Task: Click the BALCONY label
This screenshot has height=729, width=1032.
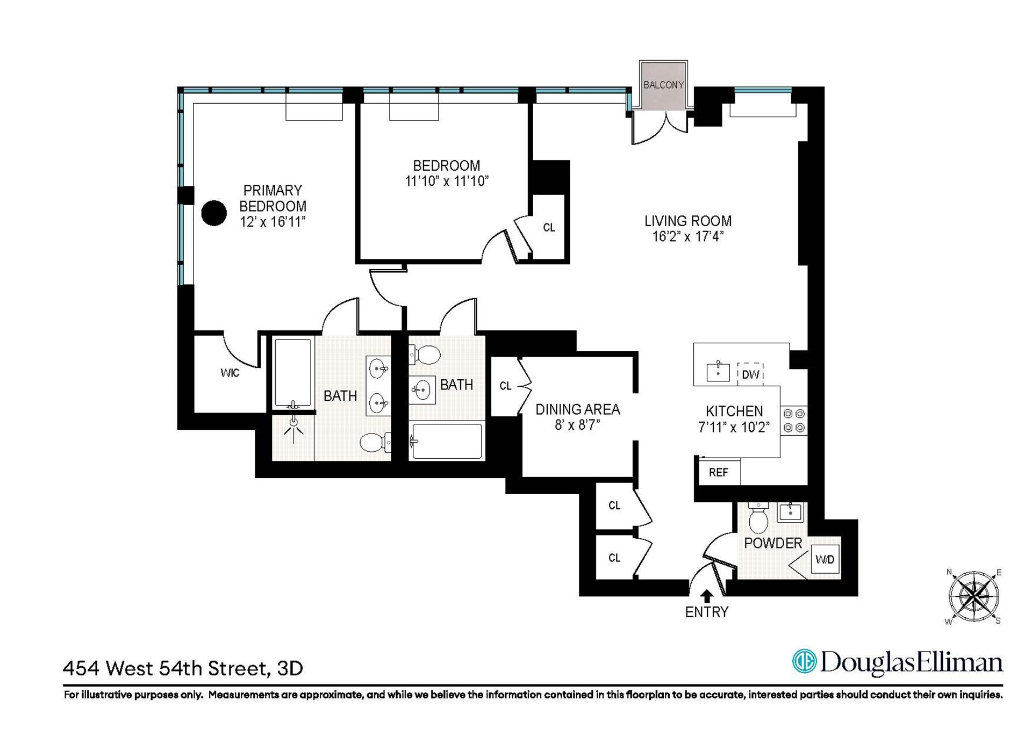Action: (663, 85)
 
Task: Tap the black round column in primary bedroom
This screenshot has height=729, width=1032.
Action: (214, 213)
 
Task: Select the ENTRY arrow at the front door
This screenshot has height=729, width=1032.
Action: (707, 596)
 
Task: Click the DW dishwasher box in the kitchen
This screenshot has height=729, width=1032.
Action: (750, 374)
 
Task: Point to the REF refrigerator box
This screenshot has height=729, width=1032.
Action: (719, 472)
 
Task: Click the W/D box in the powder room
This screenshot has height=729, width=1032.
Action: (825, 560)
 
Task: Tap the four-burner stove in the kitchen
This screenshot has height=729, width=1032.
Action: (794, 421)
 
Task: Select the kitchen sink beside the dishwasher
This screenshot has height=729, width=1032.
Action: (718, 372)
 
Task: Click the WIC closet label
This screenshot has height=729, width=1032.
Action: (230, 373)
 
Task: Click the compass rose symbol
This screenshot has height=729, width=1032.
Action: (973, 597)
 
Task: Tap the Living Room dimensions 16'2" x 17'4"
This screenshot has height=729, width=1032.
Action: (688, 236)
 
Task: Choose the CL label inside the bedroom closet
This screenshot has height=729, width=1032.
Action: (549, 228)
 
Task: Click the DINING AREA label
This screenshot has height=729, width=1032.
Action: (578, 409)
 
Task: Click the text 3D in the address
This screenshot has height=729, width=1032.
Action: (290, 669)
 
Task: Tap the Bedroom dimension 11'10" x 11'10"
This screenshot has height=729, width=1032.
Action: (446, 181)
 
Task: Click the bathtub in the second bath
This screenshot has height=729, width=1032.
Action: (447, 442)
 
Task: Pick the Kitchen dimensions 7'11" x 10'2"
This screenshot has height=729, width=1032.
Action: (734, 427)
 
